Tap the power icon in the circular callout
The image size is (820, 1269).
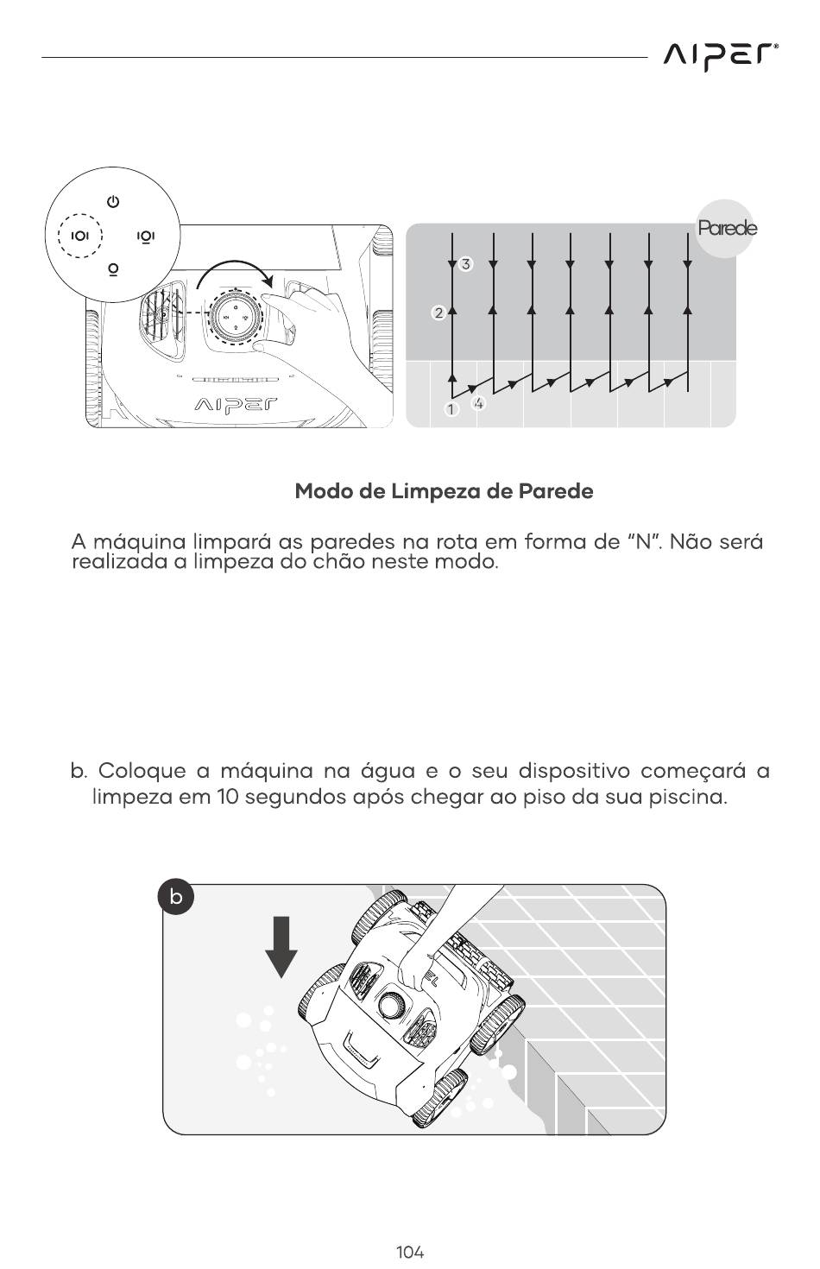coord(112,202)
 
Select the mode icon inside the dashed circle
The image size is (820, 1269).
coord(79,236)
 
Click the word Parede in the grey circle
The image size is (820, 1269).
coord(727,229)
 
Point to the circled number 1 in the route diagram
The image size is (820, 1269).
coord(451,409)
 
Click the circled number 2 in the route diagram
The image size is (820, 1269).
coord(438,313)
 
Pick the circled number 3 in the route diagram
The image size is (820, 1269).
coord(466,264)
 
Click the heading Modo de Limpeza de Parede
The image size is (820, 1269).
coord(444,491)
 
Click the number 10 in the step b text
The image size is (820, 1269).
coord(229,796)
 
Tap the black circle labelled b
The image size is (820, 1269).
coord(176,898)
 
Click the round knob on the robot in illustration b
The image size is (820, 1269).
coord(391,1007)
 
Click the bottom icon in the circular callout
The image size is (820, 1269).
coord(112,269)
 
